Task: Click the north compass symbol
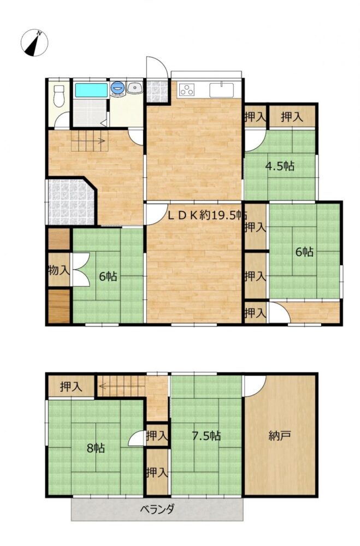pyautogui.click(x=34, y=43)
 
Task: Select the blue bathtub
pyautogui.click(x=91, y=90)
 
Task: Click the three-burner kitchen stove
pyautogui.click(x=187, y=90)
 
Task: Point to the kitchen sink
pyautogui.click(x=222, y=90)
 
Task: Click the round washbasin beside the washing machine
pyautogui.click(x=135, y=88)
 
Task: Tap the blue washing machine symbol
pyautogui.click(x=117, y=88)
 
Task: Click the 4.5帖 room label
pyautogui.click(x=280, y=166)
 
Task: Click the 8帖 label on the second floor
pyautogui.click(x=96, y=448)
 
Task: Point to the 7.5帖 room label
pyautogui.click(x=206, y=435)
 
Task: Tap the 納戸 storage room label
pyautogui.click(x=280, y=435)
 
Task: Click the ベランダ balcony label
pyautogui.click(x=157, y=509)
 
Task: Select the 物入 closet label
pyautogui.click(x=59, y=270)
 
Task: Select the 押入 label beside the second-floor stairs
pyautogui.click(x=71, y=387)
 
